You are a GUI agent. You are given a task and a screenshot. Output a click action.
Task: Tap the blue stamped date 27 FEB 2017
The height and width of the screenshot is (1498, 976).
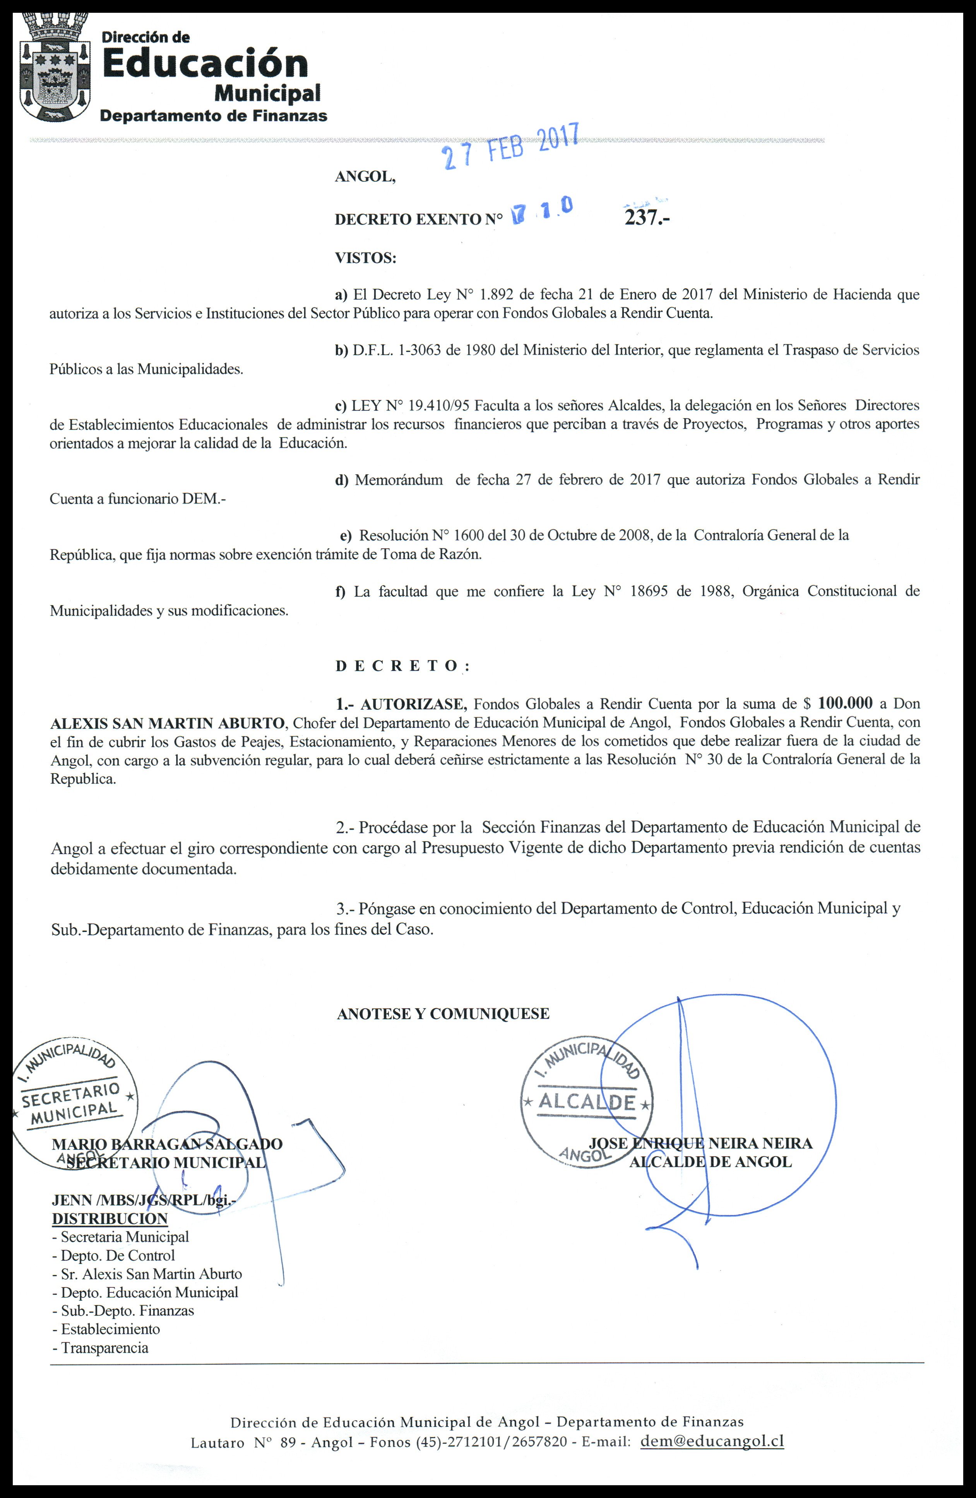pyautogui.click(x=510, y=147)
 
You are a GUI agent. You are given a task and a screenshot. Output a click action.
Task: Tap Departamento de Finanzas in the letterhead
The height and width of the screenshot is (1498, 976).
pyautogui.click(x=214, y=116)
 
